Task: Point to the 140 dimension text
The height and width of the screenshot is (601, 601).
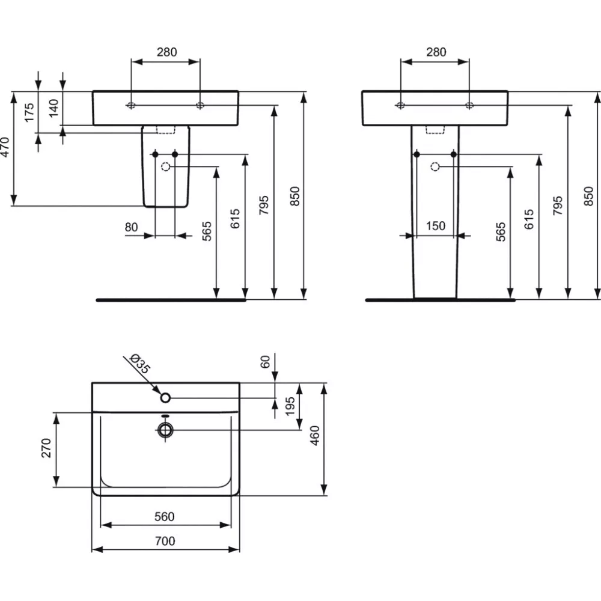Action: (x=54, y=108)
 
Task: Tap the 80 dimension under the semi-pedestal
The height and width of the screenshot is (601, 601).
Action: (x=132, y=227)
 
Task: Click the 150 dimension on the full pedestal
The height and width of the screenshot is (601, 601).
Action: (x=435, y=226)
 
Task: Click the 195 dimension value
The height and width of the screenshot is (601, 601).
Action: (x=291, y=407)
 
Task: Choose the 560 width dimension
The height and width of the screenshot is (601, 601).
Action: (x=164, y=517)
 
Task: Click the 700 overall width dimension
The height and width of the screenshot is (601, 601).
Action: (x=164, y=542)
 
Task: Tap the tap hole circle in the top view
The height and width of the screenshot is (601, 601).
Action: (x=166, y=397)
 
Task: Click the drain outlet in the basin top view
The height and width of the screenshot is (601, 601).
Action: (x=165, y=430)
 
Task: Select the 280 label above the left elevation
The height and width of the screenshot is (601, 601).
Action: (x=166, y=52)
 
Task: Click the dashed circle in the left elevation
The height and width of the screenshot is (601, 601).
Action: (x=166, y=166)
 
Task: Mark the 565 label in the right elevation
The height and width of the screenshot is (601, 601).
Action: (x=502, y=231)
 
